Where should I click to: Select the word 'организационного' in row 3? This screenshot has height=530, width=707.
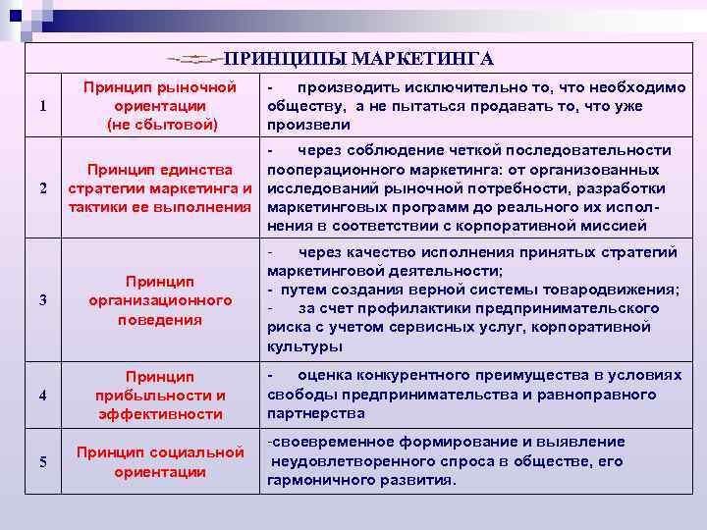point(159,300)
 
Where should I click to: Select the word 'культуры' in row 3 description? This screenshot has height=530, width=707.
point(304,346)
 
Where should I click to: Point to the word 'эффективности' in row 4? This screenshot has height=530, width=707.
point(159,414)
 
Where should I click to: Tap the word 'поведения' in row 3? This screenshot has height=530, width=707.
point(159,319)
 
